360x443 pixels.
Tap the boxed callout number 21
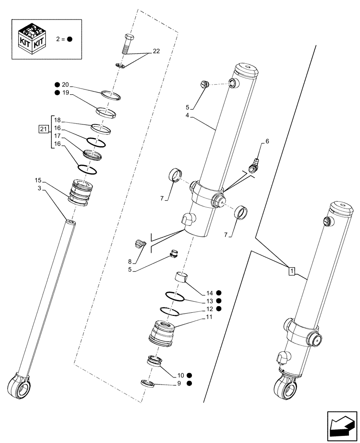(x=43, y=129)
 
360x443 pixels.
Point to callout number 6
(x=267, y=141)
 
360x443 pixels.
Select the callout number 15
(x=38, y=180)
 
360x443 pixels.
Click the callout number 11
(x=209, y=317)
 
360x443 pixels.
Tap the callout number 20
(x=66, y=85)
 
